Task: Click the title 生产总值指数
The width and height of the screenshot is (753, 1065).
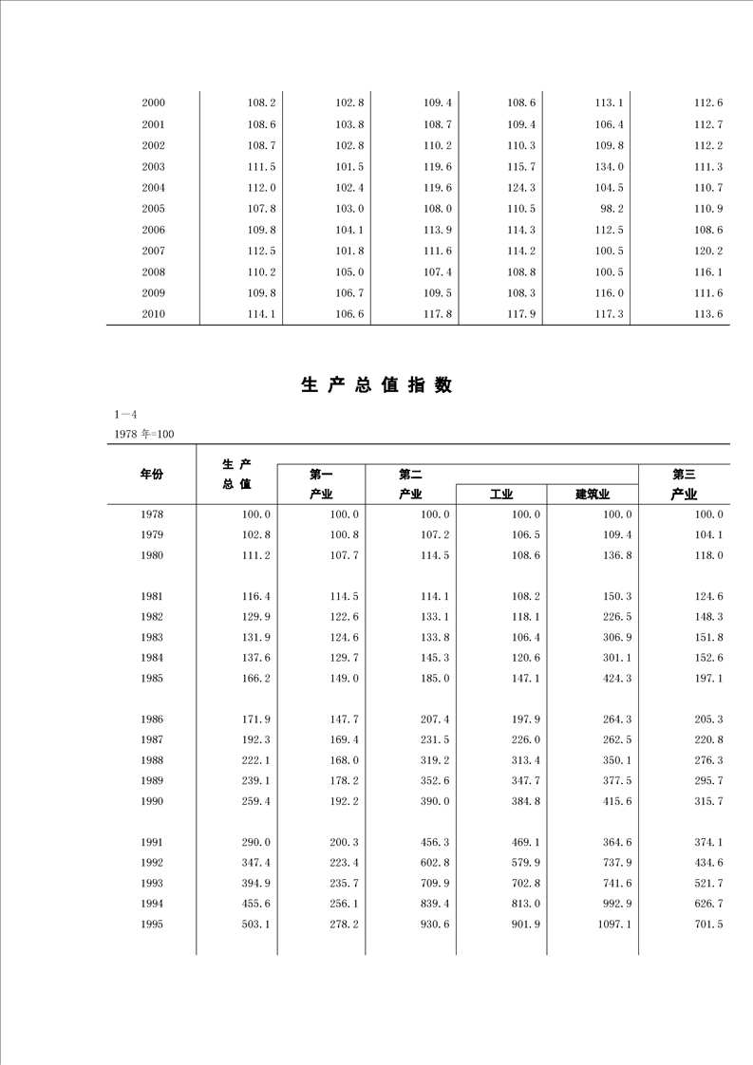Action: point(376,385)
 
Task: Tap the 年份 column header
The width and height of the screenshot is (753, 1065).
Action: point(152,474)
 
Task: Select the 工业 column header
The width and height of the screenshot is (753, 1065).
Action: point(501,495)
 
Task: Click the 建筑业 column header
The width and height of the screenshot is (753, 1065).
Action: point(592,495)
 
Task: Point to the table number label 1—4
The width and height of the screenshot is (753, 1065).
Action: point(125,415)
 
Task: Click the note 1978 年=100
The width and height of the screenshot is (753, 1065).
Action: point(143,434)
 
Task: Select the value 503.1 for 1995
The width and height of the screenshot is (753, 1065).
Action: point(259,925)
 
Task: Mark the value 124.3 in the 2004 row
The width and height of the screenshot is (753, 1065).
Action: point(521,188)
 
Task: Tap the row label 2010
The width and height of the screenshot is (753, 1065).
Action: point(153,314)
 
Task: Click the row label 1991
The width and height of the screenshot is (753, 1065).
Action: point(152,842)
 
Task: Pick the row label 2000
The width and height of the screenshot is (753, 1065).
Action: point(153,103)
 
